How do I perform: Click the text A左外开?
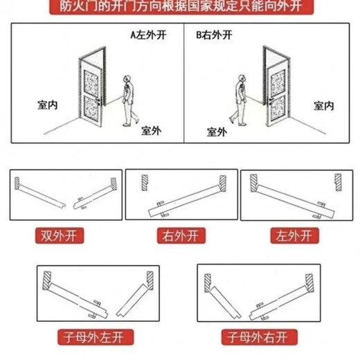tap(149, 34)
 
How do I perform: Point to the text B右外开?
tap(214, 34)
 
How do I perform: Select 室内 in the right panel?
tap(324, 105)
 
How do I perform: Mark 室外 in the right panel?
tap(217, 129)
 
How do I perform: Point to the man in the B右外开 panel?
tap(240, 100)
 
